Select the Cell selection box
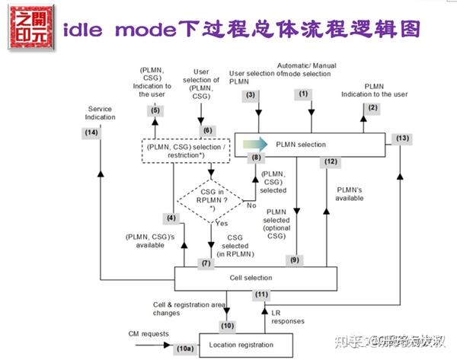(255, 279)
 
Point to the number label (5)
(155, 110)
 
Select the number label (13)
(403, 138)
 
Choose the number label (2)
(372, 108)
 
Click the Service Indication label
(101, 113)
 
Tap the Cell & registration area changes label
(177, 308)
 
